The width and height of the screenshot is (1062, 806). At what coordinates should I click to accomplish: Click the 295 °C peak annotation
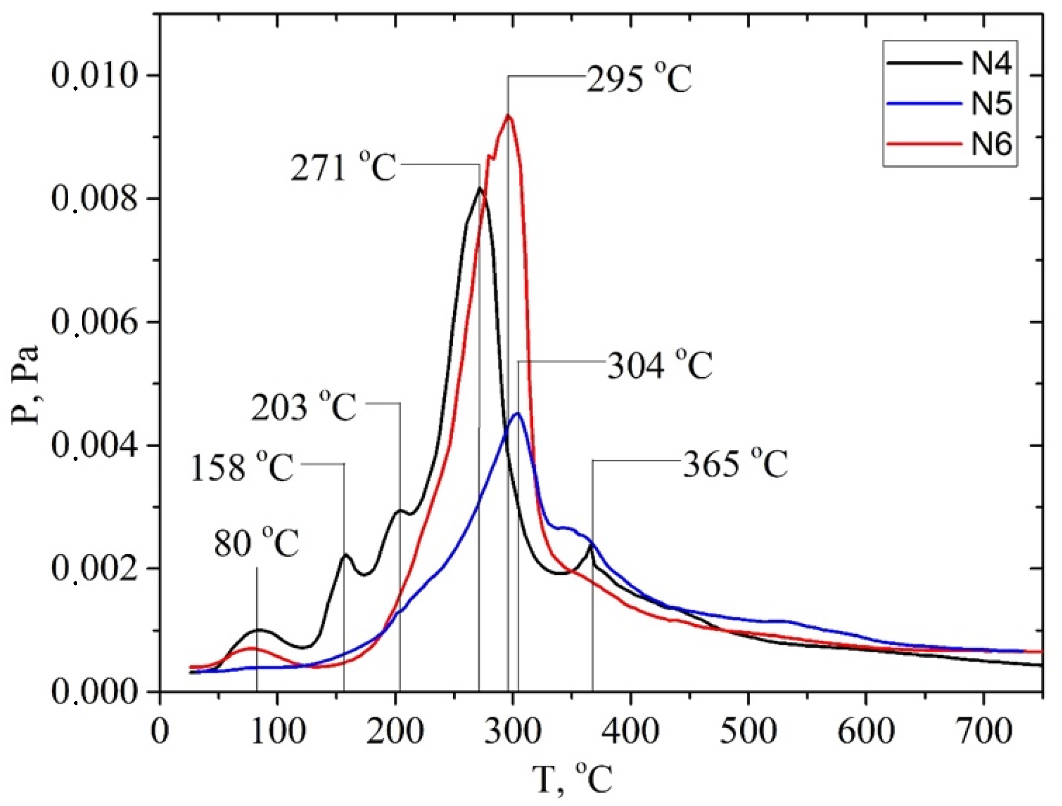coord(639,79)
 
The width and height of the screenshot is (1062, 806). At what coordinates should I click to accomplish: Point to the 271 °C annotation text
coord(343,167)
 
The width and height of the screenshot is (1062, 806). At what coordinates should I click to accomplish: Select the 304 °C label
coord(660,365)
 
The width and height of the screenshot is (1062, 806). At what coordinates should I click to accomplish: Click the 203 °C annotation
coord(304,407)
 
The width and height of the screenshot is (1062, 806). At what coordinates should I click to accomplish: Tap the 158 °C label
coord(242,468)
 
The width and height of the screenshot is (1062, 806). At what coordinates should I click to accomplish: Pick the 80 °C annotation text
coord(257,543)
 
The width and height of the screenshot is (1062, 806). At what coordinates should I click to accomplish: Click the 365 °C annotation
coord(735,464)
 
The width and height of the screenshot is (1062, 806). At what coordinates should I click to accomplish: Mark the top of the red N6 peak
coord(508,116)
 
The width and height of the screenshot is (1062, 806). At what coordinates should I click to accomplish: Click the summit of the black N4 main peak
coord(480,189)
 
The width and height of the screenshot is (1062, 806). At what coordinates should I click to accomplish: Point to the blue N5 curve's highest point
coord(518,413)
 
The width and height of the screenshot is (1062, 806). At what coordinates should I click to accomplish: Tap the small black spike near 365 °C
coord(592,546)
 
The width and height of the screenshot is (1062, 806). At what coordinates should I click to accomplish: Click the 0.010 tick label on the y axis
coord(94,76)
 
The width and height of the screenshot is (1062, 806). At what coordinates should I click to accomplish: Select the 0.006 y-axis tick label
coord(94,322)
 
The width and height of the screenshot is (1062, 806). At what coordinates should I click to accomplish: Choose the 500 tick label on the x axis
coord(748,731)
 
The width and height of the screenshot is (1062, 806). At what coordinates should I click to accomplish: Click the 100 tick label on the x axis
coord(277,731)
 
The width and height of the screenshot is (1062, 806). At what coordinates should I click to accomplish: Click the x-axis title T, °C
coord(572,778)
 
